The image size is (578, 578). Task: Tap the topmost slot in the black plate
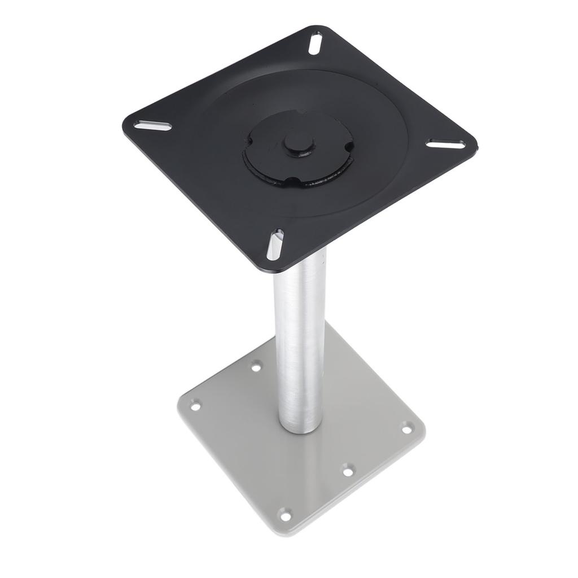click(x=315, y=43)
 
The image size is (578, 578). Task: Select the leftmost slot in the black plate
click(x=152, y=126)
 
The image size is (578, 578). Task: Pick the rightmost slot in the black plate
click(x=445, y=144)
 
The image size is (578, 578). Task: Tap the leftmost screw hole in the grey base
click(x=195, y=405)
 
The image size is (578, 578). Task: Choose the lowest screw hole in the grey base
click(x=286, y=515)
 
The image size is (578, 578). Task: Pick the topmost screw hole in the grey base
click(x=256, y=367)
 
